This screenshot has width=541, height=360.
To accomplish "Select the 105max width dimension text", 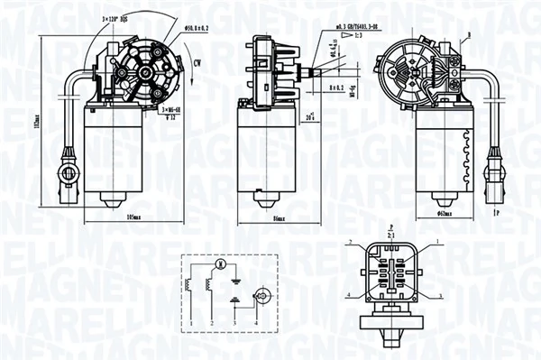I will [x=137, y=218].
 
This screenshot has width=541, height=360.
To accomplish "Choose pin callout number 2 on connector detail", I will [x=348, y=242].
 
